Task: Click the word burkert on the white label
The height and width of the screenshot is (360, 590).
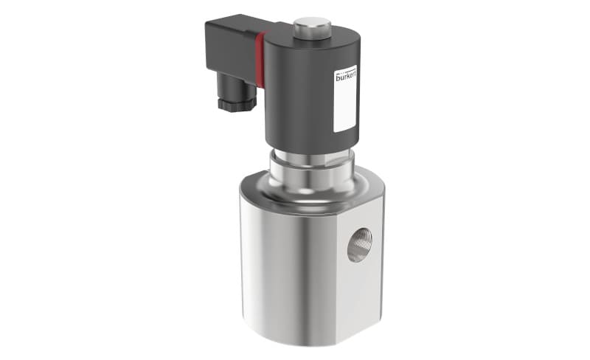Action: pyautogui.click(x=345, y=77)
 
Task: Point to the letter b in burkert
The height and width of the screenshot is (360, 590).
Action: pyautogui.click(x=338, y=77)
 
